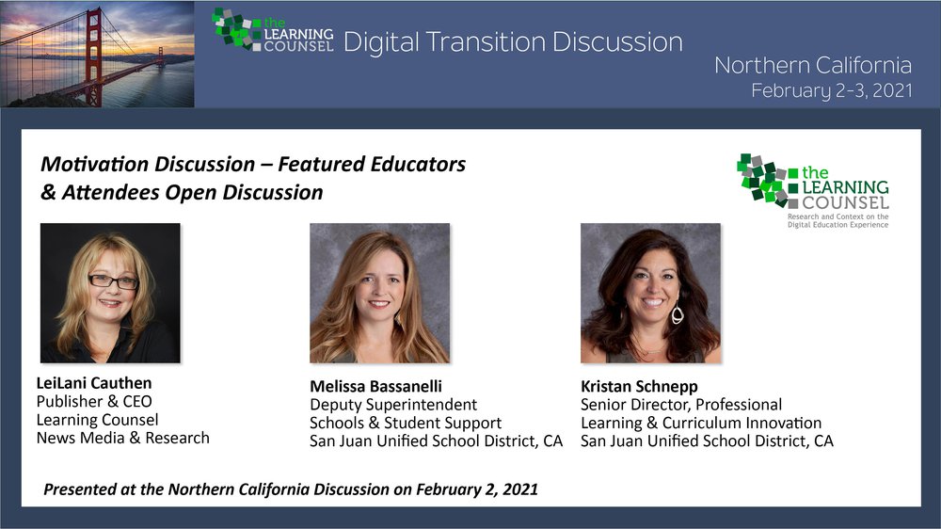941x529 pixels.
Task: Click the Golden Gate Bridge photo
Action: [97, 54]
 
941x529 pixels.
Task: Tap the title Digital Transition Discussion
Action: [513, 42]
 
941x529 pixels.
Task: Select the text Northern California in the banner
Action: [813, 65]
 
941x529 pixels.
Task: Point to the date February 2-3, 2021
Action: [832, 90]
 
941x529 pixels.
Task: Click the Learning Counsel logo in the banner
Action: [273, 31]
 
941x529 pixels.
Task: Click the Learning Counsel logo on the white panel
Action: [813, 190]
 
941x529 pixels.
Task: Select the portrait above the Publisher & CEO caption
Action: [110, 293]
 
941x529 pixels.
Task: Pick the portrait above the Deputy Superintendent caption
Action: [380, 293]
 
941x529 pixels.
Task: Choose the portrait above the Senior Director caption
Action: [650, 293]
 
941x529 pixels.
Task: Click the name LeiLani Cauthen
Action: [94, 383]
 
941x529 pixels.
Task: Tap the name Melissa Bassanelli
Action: [375, 386]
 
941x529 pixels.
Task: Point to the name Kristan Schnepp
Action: [639, 387]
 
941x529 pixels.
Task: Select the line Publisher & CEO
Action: [94, 401]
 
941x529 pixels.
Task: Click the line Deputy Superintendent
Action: [393, 405]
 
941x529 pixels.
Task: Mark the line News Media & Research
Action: [123, 438]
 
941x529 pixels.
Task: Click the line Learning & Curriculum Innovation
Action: [701, 423]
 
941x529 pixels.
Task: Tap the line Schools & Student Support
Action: [406, 423]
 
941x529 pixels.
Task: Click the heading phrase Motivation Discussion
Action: [148, 164]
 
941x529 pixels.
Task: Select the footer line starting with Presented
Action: [291, 489]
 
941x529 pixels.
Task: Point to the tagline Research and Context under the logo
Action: [837, 220]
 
